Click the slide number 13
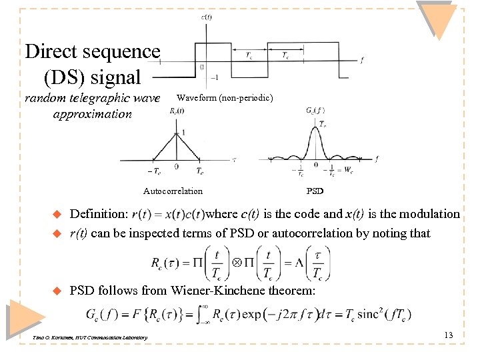coord(448,335)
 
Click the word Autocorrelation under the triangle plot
coord(173,191)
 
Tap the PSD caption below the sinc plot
coord(315,191)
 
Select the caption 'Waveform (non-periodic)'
coord(225,98)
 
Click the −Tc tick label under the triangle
coord(153,171)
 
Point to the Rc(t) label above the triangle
coord(177,111)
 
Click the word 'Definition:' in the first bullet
coord(99,214)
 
